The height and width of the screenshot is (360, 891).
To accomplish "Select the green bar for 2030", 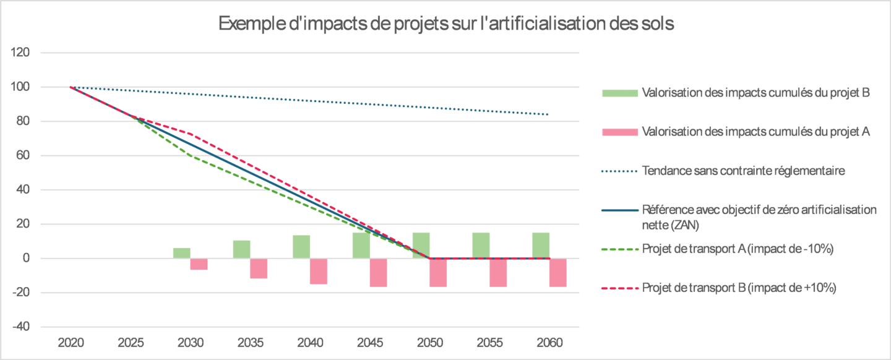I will (182, 253).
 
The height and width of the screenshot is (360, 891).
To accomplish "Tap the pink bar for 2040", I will (319, 271).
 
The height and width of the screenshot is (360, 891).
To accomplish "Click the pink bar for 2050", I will (438, 272).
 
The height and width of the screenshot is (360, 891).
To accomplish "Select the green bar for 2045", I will (361, 246).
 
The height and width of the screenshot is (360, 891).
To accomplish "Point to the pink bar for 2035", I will (259, 268).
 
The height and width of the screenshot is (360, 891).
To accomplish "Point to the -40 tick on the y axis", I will (22, 327).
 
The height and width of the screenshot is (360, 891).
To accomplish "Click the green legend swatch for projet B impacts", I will (619, 93).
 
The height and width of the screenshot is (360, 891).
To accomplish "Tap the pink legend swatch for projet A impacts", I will (619, 132).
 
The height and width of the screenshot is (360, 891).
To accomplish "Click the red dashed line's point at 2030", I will (190, 134).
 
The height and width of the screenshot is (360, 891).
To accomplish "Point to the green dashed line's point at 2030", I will (190, 155).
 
